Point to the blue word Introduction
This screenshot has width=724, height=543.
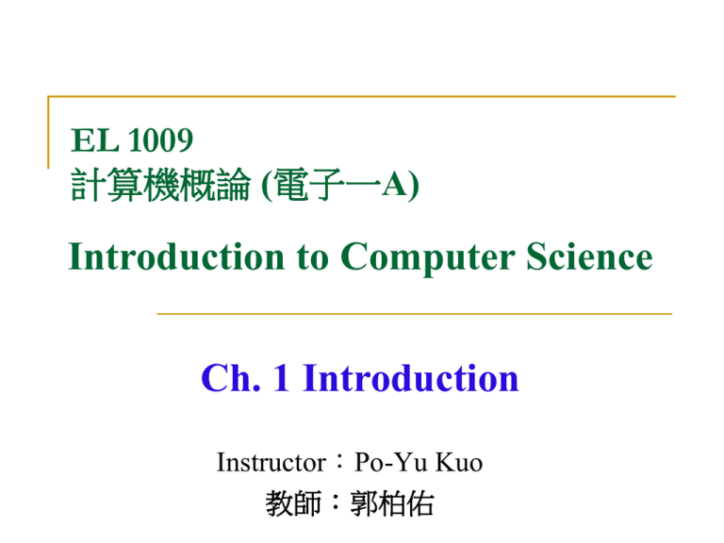[x=411, y=379]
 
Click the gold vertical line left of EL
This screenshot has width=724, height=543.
[x=48, y=132]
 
